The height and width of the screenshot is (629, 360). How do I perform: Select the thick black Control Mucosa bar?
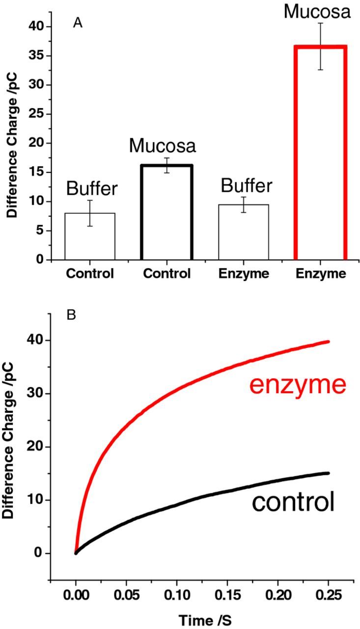click(x=167, y=211)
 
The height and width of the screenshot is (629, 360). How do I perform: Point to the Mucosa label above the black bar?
click(x=163, y=145)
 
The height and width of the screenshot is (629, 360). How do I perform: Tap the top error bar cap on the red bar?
click(x=320, y=23)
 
